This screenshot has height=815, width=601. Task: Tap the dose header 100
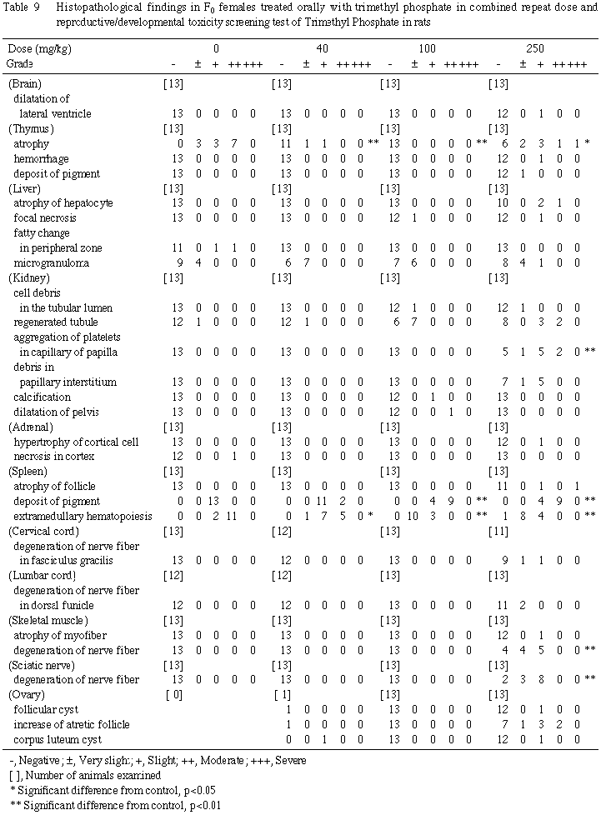tap(427, 49)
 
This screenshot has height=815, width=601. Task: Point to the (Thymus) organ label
tap(31, 128)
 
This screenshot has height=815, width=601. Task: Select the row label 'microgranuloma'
tap(53, 262)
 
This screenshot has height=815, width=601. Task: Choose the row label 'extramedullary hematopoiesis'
tap(81, 517)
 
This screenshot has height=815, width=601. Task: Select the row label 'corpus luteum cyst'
tap(58, 740)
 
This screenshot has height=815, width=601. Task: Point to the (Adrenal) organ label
tap(32, 427)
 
